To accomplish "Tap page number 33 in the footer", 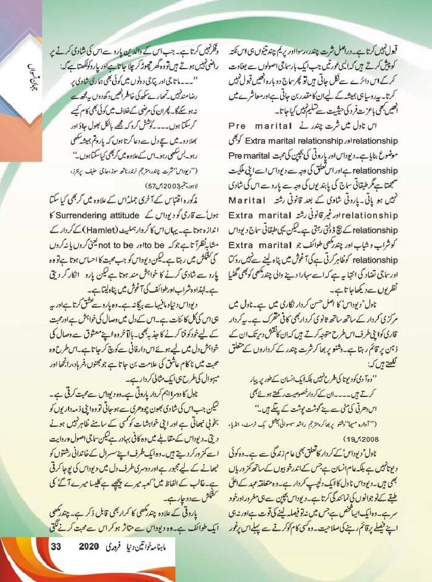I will [x=56, y=564].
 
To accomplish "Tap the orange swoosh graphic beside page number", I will [x=24, y=558].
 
